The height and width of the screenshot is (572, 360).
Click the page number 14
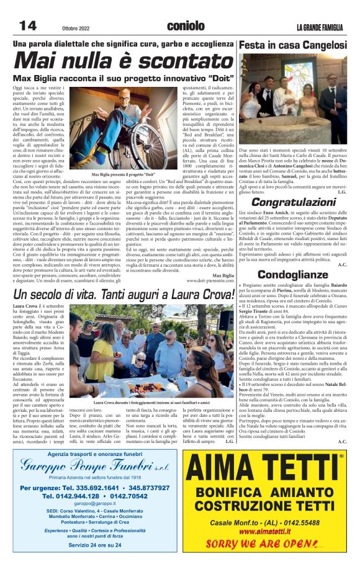pos(28,25)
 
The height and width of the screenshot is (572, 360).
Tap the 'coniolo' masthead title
pos(186,26)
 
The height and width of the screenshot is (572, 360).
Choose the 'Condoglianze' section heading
pos(292,274)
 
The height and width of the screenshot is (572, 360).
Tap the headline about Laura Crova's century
pos(124,294)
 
